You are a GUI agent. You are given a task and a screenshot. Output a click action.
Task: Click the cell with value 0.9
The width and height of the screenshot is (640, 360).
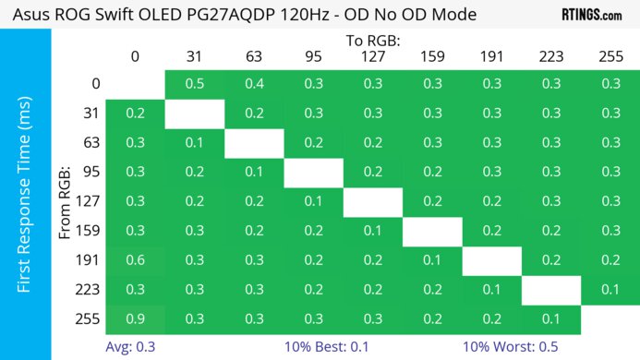coord(135,319)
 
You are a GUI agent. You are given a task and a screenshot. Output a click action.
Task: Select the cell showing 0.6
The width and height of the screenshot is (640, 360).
coord(135,260)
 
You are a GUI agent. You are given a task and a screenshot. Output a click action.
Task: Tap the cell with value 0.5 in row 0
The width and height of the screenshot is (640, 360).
coord(195,84)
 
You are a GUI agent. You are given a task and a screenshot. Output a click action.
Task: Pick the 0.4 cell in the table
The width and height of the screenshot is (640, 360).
coord(254,84)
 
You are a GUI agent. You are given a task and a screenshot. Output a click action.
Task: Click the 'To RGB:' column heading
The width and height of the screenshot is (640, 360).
coord(371,41)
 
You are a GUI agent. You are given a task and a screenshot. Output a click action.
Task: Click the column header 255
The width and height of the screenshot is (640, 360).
coord(610,57)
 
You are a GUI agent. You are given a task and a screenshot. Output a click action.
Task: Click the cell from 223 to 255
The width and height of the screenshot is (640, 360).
coord(610,290)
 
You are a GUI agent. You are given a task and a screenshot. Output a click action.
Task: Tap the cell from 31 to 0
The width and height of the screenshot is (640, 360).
coord(135,114)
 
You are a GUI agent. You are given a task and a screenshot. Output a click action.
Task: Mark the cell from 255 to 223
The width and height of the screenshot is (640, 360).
coord(550,319)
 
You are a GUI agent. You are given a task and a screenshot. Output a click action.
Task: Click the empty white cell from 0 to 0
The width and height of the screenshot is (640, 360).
coord(135,84)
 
